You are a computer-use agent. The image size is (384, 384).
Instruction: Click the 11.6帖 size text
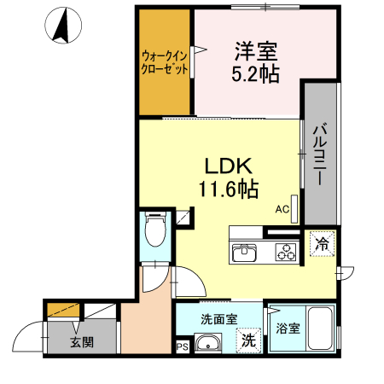(229, 188)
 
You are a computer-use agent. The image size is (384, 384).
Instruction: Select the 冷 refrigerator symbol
(322, 243)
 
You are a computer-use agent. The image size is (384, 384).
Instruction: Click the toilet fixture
(154, 231)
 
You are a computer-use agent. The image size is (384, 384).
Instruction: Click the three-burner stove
(283, 253)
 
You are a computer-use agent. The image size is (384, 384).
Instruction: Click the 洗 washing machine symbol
(247, 339)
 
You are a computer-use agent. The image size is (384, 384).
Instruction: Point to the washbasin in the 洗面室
(207, 344)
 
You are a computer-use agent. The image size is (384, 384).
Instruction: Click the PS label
(182, 346)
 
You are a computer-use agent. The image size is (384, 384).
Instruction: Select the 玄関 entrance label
(82, 343)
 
